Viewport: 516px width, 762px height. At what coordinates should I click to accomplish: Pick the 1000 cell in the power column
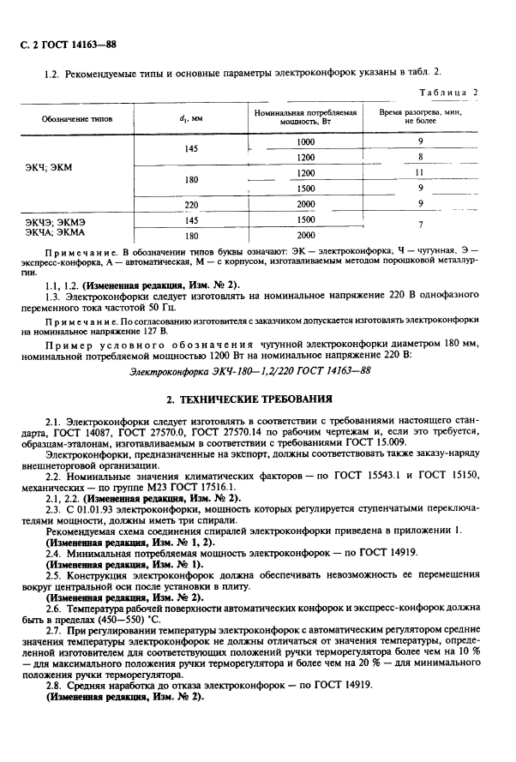305,141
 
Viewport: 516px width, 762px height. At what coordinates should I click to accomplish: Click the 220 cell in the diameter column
191,204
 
